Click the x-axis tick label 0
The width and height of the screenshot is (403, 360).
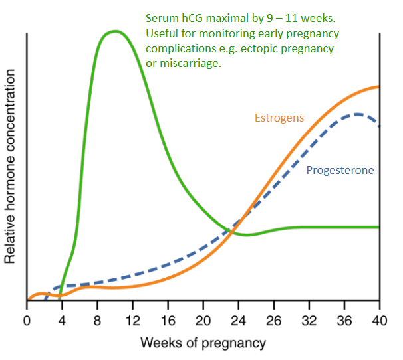27,321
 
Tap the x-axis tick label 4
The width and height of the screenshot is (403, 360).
62,321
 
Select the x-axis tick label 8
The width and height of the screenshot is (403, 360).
97,321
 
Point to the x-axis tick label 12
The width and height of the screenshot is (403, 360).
133,321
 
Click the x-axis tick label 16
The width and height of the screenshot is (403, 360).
168,321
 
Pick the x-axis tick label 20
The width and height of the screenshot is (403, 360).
203,321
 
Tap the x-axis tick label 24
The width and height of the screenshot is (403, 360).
239,321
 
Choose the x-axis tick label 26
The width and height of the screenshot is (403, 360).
274,321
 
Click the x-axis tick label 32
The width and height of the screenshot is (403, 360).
309,321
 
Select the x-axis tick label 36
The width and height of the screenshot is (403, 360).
344,321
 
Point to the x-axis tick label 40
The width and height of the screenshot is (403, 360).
379,321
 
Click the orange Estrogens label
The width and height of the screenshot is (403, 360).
279,118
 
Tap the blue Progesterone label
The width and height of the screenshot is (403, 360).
340,170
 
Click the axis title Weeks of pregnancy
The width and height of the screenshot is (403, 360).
203,343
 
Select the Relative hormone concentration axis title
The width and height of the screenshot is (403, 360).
10,167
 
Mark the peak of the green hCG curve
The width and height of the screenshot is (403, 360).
116,31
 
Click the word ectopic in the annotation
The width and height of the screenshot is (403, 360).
258,48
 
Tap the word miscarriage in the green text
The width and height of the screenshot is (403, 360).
190,63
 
